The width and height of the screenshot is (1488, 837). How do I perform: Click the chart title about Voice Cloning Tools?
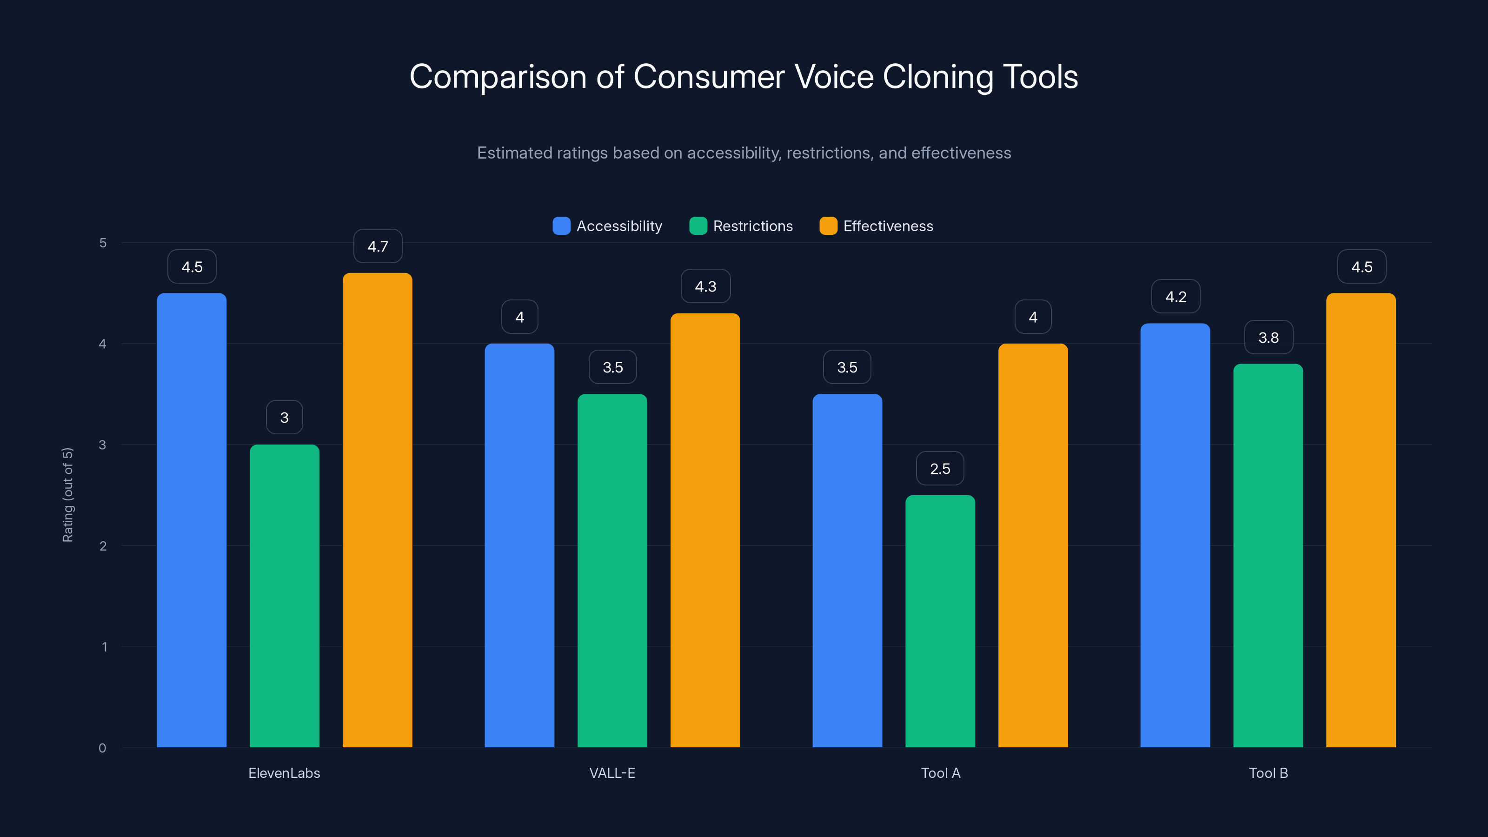(x=744, y=77)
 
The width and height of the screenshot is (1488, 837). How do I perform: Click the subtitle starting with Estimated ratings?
(x=744, y=153)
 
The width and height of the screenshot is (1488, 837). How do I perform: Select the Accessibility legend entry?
(x=608, y=226)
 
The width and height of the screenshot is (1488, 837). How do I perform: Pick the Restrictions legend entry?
(x=741, y=226)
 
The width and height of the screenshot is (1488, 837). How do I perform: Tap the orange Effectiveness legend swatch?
(x=828, y=226)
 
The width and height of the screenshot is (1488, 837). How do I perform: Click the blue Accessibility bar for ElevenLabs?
(x=191, y=520)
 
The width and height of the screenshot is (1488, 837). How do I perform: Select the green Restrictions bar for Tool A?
(x=940, y=621)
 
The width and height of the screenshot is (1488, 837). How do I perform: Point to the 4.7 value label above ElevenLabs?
(x=378, y=246)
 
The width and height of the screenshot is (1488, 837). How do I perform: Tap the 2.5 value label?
(x=940, y=468)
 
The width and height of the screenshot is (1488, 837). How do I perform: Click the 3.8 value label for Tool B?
(x=1268, y=337)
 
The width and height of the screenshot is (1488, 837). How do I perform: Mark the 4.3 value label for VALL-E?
(x=705, y=286)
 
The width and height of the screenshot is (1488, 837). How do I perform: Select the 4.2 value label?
(x=1176, y=297)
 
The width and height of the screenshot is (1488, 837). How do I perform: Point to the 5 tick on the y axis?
(x=103, y=243)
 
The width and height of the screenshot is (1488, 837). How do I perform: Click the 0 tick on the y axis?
(x=102, y=748)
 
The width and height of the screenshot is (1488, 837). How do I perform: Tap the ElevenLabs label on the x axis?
(x=284, y=773)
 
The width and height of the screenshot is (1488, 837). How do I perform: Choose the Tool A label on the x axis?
(x=940, y=773)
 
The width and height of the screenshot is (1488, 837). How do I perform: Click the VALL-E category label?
(x=612, y=773)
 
